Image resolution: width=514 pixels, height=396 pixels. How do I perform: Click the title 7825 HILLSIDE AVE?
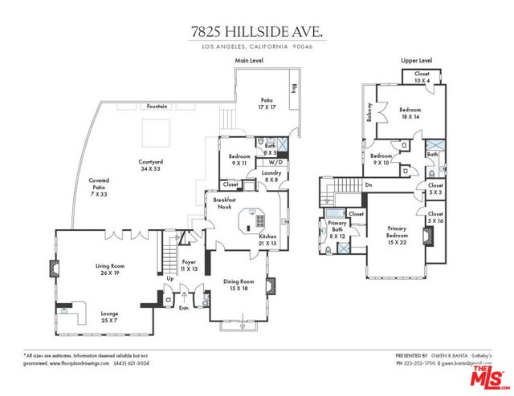(256, 32)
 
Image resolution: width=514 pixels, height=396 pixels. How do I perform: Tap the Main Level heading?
(251, 61)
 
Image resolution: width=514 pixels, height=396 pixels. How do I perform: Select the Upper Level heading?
(417, 61)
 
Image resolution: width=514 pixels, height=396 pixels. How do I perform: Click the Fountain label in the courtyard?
(156, 106)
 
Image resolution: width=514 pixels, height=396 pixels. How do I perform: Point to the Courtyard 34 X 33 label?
(152, 165)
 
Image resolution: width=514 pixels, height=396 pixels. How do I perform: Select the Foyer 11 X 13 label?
(189, 265)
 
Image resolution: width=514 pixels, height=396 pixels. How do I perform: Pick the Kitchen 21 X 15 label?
(267, 240)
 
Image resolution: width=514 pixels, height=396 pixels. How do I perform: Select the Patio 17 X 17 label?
(267, 104)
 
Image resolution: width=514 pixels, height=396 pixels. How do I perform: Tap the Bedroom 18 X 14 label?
(410, 113)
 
